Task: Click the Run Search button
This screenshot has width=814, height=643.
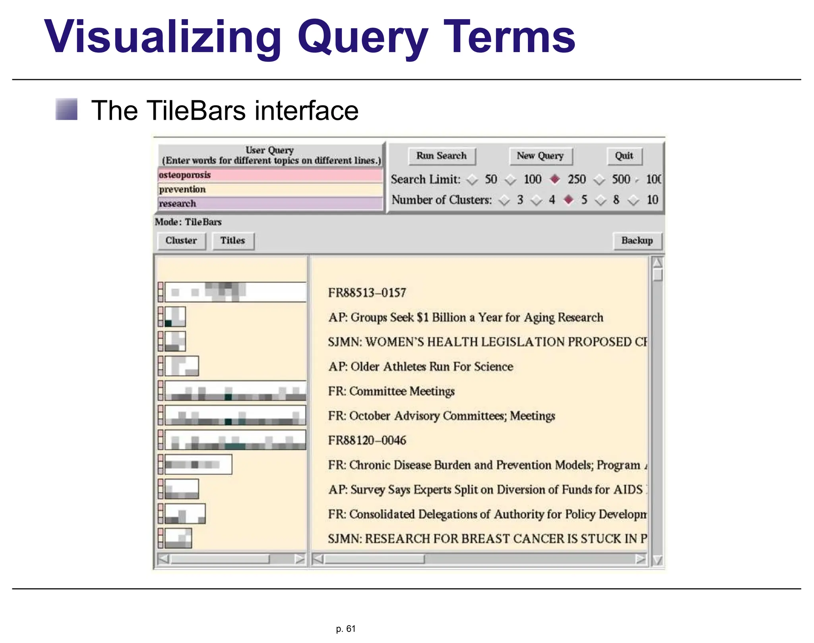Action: (442, 156)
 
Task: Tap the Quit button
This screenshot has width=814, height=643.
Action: (624, 156)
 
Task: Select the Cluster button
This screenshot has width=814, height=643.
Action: (181, 241)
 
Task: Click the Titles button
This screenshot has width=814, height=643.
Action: (233, 241)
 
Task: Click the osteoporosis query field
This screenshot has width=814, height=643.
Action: (270, 175)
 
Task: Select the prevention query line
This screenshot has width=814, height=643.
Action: (270, 189)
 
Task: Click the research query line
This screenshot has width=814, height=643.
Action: (270, 204)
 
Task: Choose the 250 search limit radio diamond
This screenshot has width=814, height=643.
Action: (555, 179)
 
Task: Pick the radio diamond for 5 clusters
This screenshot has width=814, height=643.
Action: (569, 200)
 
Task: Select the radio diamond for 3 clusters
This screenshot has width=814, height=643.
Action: (504, 200)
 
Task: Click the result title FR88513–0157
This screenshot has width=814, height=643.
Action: (367, 293)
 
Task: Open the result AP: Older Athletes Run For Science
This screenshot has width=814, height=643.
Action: (421, 367)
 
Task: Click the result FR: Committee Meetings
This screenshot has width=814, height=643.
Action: (391, 391)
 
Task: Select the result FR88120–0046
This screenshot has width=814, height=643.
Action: (367, 441)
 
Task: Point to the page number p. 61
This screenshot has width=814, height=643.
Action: (345, 629)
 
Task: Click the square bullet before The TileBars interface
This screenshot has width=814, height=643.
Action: (66, 109)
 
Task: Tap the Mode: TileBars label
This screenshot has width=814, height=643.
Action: (188, 222)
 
